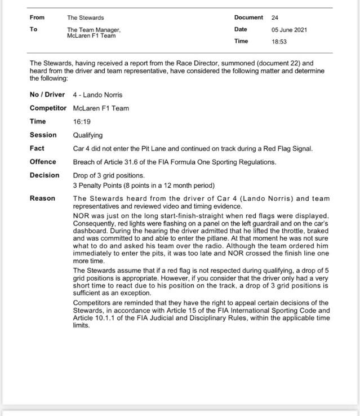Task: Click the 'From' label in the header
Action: pos(37,17)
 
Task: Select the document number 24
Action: pos(275,17)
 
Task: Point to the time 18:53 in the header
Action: pos(279,41)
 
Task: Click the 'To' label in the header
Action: pos(33,29)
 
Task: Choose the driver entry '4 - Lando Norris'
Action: pos(97,95)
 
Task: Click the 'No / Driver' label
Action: pos(47,95)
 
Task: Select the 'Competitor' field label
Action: pos(48,108)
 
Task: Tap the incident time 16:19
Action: pos(82,121)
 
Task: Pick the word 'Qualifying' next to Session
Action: pos(88,135)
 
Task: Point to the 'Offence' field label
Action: pos(43,162)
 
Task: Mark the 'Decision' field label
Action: pos(45,175)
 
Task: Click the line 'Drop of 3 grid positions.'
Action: pos(109,176)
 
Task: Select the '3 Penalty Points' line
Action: pos(144,185)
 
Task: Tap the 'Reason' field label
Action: pos(42,198)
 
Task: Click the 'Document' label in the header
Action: pos(248,17)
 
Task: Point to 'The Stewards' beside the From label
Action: pos(85,17)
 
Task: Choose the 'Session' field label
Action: pos(43,135)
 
